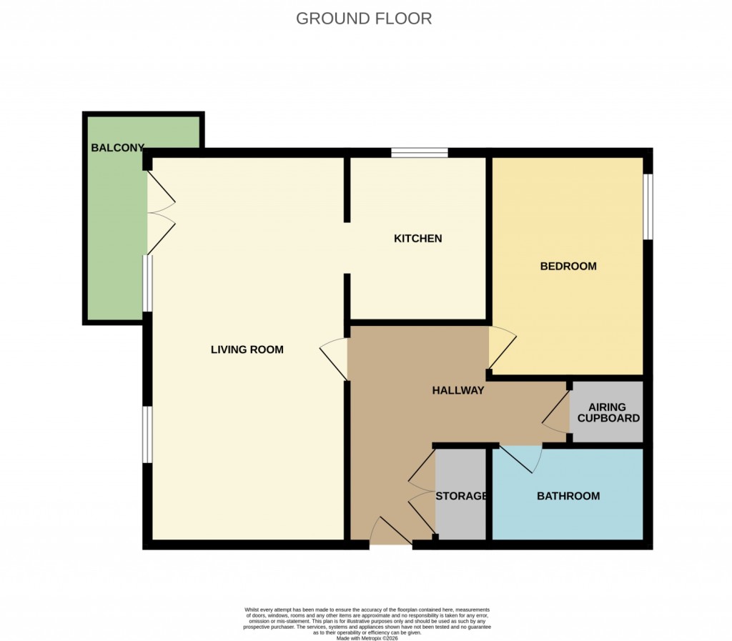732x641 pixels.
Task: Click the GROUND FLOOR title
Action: click(364, 19)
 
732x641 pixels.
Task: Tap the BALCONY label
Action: click(117, 148)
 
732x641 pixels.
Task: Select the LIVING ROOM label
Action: click(247, 349)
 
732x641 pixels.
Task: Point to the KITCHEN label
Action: click(418, 238)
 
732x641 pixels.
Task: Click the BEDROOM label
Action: click(568, 266)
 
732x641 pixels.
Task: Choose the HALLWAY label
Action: click(458, 390)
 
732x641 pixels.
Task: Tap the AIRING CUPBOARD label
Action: click(608, 412)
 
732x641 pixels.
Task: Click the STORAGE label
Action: click(461, 495)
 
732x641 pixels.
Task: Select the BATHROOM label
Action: click(568, 495)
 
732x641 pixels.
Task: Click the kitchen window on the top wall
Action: click(419, 152)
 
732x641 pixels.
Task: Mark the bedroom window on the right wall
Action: click(648, 207)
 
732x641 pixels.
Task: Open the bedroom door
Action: click(500, 347)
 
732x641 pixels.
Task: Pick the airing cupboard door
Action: click(556, 414)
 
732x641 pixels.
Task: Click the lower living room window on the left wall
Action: click(146, 434)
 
